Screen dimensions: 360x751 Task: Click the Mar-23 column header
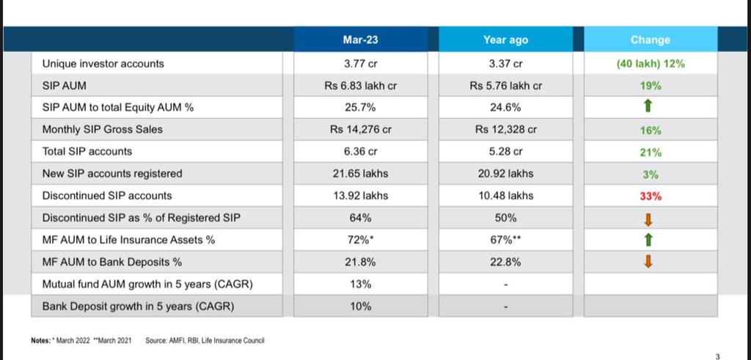(x=360, y=40)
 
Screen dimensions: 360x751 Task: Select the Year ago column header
(x=505, y=40)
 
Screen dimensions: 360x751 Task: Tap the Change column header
(x=650, y=40)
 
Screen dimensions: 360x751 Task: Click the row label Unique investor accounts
(x=103, y=64)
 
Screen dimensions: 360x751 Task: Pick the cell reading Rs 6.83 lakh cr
(x=360, y=86)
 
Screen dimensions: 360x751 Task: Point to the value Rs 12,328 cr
(x=505, y=130)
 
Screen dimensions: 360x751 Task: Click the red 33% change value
(x=650, y=196)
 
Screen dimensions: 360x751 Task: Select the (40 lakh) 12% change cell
(x=650, y=64)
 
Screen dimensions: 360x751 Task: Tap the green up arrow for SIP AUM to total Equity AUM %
(x=648, y=108)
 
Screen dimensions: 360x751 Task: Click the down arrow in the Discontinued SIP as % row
(x=648, y=218)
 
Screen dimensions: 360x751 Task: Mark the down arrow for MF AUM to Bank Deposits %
(x=648, y=262)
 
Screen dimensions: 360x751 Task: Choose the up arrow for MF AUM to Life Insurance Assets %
(x=648, y=240)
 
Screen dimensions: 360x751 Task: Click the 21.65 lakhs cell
(x=360, y=174)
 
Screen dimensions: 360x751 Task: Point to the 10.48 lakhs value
(x=505, y=196)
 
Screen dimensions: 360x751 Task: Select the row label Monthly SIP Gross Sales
(x=103, y=130)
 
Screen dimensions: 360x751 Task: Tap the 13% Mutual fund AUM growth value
(x=360, y=284)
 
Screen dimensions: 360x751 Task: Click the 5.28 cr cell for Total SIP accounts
(x=505, y=152)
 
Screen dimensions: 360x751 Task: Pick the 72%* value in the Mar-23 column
(x=360, y=240)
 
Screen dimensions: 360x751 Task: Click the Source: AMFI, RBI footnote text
(x=205, y=340)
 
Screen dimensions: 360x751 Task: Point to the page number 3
(x=717, y=356)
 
